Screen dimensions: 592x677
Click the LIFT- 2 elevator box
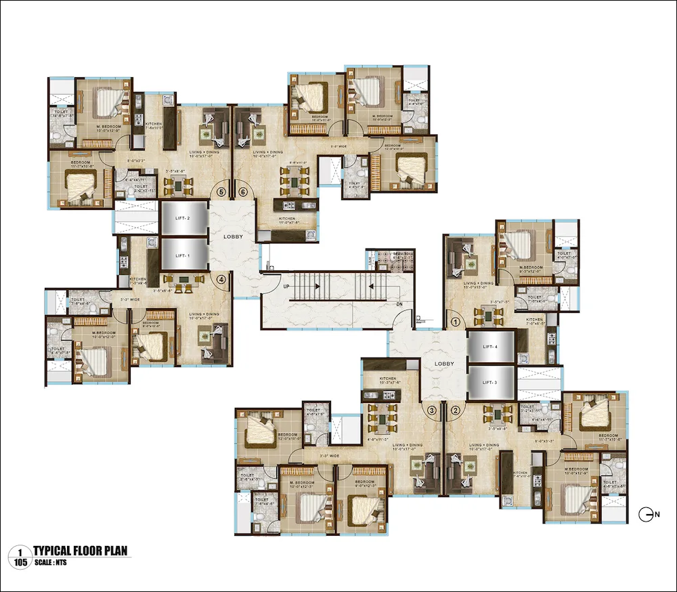click(184, 219)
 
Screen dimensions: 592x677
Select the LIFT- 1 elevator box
click(184, 255)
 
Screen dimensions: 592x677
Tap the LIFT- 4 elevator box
click(491, 347)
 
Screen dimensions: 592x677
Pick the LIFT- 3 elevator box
click(491, 382)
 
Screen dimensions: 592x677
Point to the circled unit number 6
click(243, 192)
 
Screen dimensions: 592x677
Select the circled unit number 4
click(221, 278)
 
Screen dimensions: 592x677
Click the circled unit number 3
click(432, 409)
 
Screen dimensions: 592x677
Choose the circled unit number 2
click(455, 409)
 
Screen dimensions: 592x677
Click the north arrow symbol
click(647, 515)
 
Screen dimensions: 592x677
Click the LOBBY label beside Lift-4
click(444, 364)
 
